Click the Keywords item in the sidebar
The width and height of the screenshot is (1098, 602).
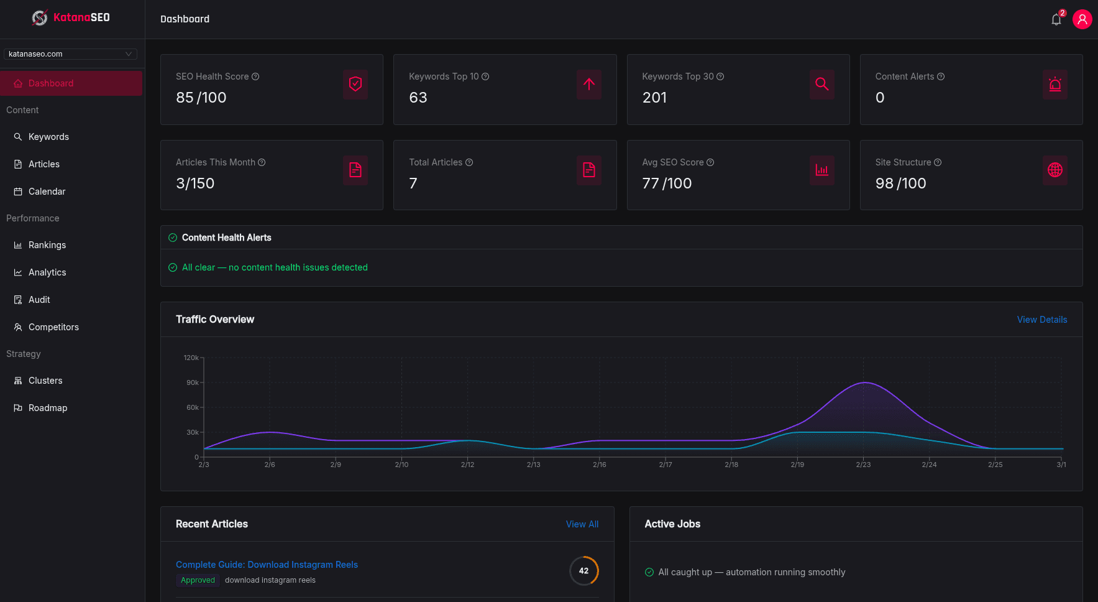click(48, 137)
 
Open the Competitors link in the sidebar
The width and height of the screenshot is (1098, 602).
click(53, 327)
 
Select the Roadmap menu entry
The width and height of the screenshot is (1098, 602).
click(48, 408)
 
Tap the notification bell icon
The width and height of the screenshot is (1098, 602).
click(1056, 19)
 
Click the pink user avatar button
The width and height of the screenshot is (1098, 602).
click(1082, 19)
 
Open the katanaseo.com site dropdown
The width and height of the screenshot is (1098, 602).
click(70, 54)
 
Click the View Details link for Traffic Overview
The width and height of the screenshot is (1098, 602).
click(1041, 320)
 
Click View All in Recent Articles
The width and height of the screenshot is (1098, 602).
click(582, 524)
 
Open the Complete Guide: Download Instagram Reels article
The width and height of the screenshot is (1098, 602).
click(267, 565)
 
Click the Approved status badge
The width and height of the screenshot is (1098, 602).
click(198, 580)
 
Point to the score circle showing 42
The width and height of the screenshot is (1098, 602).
click(583, 571)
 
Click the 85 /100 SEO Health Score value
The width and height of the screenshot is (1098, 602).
click(201, 98)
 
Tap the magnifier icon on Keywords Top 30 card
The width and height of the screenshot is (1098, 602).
click(821, 84)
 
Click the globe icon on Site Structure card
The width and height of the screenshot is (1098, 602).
click(1055, 170)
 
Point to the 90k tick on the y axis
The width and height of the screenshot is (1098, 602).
click(193, 382)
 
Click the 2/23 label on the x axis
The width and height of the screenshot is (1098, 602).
click(863, 465)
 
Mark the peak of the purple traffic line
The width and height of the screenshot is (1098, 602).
click(864, 382)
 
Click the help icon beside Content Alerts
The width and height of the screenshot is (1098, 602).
click(941, 76)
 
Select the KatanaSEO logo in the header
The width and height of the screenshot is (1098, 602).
click(71, 17)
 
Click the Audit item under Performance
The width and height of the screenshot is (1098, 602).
click(39, 300)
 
